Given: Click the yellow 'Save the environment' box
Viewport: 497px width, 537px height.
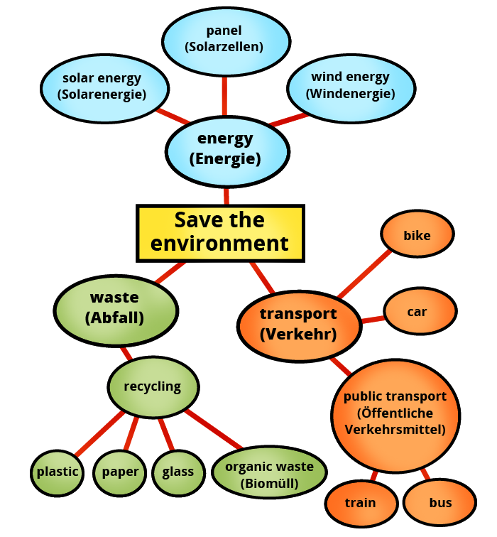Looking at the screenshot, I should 220,232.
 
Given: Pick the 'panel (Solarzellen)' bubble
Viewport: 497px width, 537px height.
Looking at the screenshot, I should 224,39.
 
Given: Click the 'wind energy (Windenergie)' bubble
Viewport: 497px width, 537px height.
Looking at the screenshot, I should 350,85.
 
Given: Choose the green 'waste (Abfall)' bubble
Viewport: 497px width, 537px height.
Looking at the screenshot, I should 115,308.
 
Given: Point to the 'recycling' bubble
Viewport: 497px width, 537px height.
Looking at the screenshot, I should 153,387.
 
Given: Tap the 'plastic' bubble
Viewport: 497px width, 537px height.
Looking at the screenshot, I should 58,472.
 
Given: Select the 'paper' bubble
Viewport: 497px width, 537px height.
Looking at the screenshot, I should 119,472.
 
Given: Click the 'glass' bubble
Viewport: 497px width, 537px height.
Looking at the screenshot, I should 177,472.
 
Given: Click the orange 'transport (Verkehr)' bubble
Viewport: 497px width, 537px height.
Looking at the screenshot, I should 298,324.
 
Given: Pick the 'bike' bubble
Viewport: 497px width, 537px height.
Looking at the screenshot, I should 417,235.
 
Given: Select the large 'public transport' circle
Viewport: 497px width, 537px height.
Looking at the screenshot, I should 395,413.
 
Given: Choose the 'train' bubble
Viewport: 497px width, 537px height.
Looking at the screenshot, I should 360,503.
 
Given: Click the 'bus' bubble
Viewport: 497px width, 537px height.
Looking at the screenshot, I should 440,503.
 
